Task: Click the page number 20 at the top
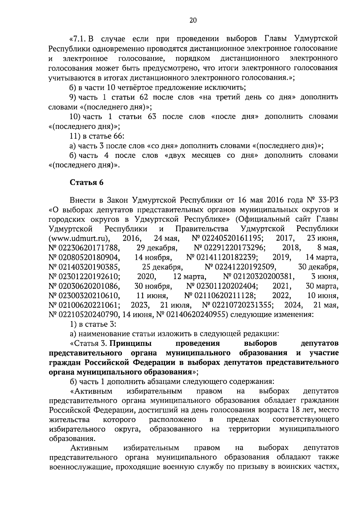coord(193,20)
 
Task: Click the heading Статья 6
coord(87,183)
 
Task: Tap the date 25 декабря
coord(162,267)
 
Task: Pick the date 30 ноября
coord(153,286)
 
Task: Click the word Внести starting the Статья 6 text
coord(81,200)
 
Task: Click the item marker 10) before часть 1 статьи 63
coord(74,116)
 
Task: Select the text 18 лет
coord(301,410)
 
